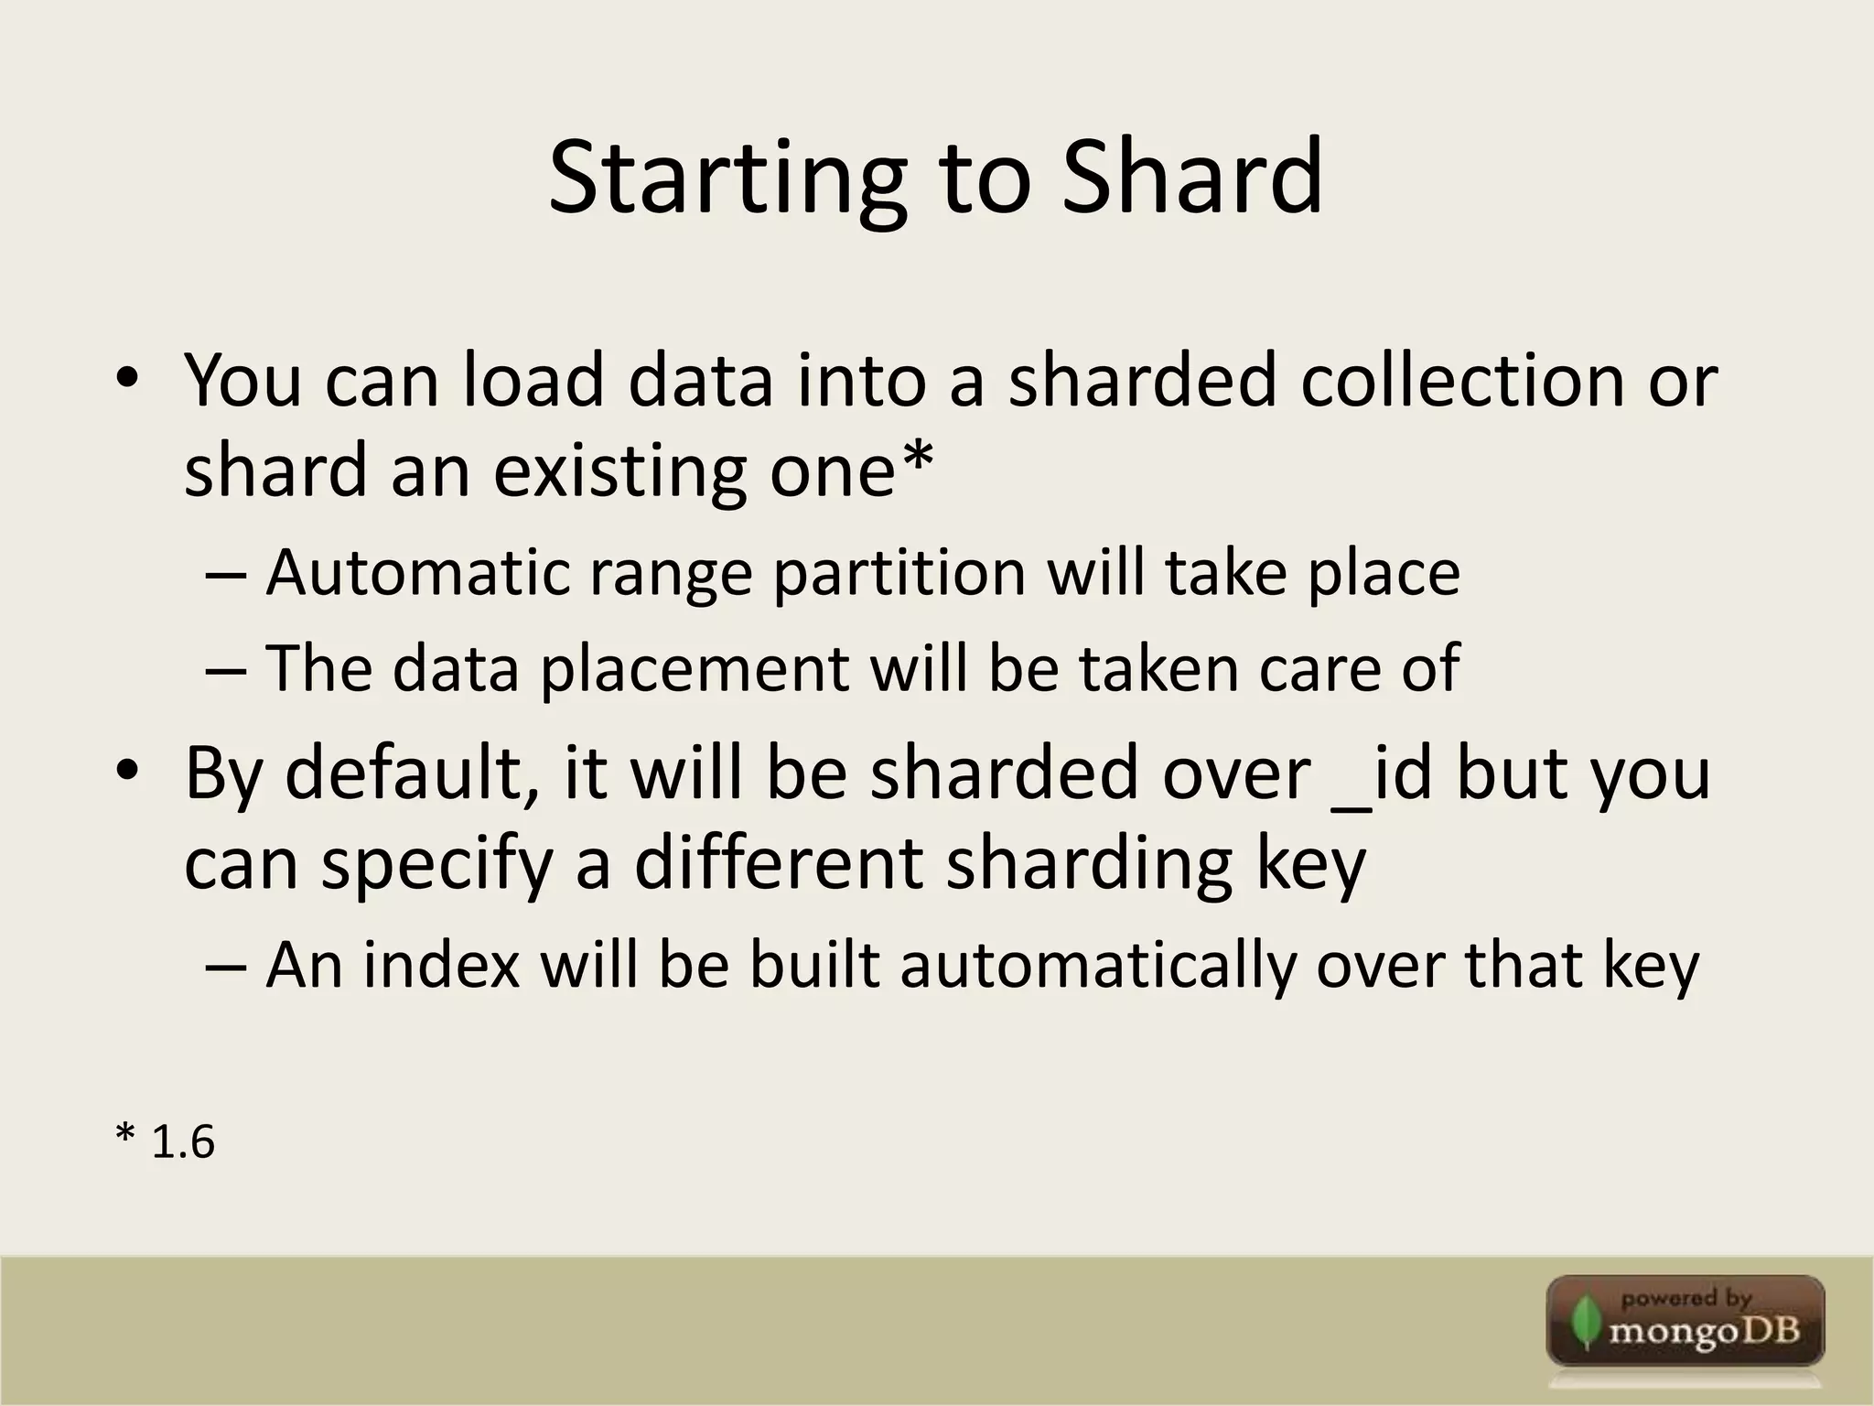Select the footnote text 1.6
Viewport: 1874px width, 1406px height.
[x=182, y=1142]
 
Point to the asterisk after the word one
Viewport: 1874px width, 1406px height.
[x=917, y=457]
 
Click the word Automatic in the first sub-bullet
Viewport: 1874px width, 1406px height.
[x=416, y=573]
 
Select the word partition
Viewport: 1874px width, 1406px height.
[x=899, y=574]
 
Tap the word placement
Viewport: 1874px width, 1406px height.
[x=695, y=668]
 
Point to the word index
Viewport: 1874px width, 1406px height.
[x=442, y=965]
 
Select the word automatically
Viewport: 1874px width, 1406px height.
[x=1097, y=967]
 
